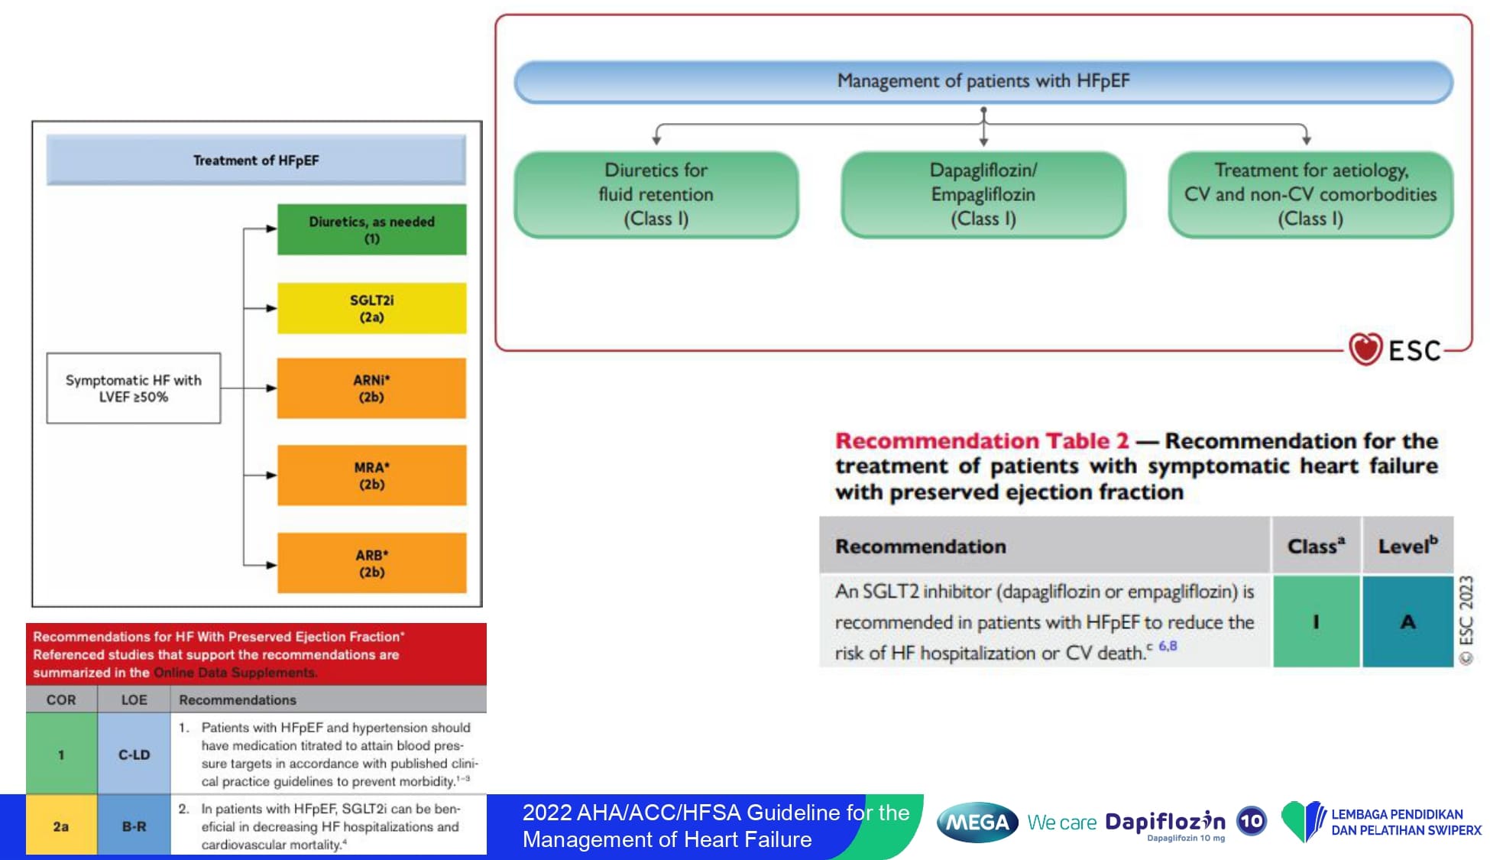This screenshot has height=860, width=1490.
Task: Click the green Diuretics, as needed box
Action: (371, 229)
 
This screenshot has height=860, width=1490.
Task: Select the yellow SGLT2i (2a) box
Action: (371, 308)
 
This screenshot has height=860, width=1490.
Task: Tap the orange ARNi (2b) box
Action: (371, 388)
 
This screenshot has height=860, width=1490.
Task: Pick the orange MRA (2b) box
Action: (371, 475)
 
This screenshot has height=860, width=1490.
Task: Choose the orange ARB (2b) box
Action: (371, 563)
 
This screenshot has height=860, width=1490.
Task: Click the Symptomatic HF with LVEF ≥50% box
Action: (134, 388)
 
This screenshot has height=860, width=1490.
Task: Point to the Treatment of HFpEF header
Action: (256, 161)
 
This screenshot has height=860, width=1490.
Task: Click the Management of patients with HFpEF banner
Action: (983, 81)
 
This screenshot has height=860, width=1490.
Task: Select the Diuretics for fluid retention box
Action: (656, 194)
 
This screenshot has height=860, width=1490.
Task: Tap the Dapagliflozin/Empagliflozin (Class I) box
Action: (983, 194)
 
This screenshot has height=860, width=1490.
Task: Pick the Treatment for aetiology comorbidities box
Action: (1310, 194)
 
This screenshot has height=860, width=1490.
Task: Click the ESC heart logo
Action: (1365, 349)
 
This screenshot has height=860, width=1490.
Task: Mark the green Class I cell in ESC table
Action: (1316, 621)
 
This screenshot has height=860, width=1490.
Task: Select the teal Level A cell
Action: (1407, 621)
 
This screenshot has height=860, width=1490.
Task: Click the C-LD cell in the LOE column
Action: (134, 755)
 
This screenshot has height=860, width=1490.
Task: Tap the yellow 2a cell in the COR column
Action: (61, 826)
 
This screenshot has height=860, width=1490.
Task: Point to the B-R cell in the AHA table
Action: (134, 826)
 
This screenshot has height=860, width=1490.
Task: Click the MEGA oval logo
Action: (977, 823)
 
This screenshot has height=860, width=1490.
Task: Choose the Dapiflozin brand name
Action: (1165, 822)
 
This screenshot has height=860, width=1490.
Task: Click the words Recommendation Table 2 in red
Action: (982, 441)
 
